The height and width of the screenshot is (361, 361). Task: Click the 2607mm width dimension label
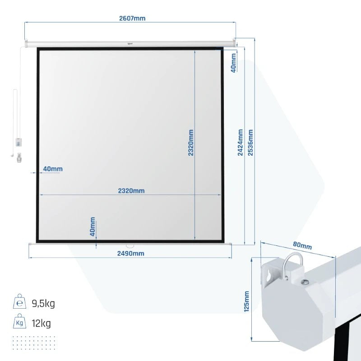(x=132, y=18)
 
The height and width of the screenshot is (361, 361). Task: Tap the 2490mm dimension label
(x=131, y=254)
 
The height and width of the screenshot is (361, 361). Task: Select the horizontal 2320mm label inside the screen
(x=131, y=191)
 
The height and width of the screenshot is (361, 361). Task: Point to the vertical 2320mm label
(x=190, y=143)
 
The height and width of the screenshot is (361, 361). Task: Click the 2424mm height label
(x=240, y=143)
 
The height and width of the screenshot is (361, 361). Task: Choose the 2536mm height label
(x=250, y=143)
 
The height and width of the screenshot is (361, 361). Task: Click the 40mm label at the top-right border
(x=233, y=63)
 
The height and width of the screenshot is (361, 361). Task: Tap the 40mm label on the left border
(x=53, y=169)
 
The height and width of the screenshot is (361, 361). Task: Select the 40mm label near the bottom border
(x=93, y=227)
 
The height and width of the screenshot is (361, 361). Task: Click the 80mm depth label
(x=302, y=245)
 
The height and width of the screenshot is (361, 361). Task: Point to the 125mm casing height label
(x=246, y=301)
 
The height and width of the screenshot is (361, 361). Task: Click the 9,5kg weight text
(x=43, y=304)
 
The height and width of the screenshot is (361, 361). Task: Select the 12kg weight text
(x=41, y=323)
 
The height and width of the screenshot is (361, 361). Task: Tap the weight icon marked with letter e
(x=20, y=301)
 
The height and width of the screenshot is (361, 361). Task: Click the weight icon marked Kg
(x=19, y=321)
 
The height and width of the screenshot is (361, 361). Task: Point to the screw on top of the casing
(x=305, y=282)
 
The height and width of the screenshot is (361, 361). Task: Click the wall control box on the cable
(x=19, y=142)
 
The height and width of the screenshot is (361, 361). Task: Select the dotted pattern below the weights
(x=34, y=343)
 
